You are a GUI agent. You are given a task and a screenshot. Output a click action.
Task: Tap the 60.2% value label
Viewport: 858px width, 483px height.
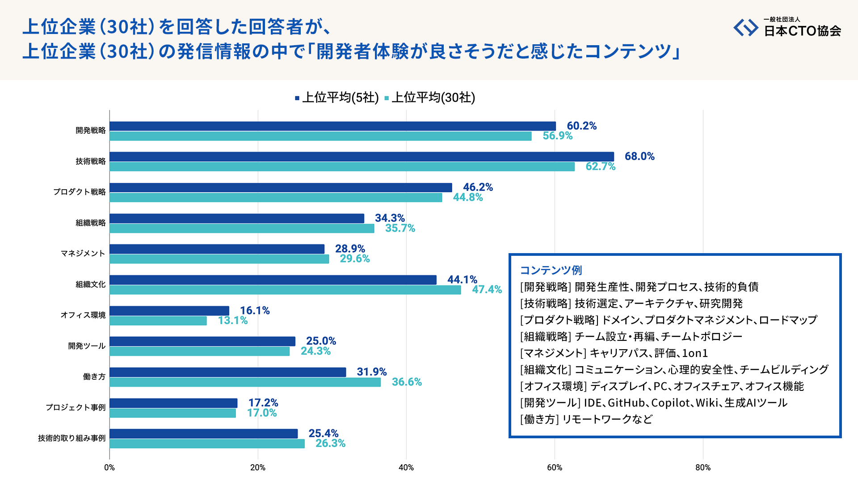click(581, 126)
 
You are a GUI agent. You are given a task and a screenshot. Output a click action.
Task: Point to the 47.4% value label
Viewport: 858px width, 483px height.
click(487, 289)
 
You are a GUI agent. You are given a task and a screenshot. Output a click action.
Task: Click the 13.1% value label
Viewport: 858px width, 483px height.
click(232, 320)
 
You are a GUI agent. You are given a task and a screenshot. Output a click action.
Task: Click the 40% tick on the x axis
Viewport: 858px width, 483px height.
click(406, 467)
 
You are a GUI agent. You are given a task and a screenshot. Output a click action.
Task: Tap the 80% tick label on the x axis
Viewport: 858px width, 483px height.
click(702, 467)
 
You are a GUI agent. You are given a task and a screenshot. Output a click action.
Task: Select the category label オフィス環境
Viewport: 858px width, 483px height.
click(83, 315)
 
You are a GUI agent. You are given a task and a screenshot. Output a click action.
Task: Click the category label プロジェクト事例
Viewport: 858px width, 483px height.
click(76, 407)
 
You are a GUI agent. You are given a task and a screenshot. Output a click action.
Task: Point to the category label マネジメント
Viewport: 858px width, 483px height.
click(83, 253)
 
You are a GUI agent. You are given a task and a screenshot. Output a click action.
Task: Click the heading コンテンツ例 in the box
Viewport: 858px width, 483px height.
click(551, 270)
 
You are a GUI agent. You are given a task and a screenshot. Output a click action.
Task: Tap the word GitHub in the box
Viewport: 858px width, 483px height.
click(627, 402)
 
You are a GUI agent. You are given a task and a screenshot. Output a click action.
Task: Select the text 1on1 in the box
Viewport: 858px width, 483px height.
click(695, 353)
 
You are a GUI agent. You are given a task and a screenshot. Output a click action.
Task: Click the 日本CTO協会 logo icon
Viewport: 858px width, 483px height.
click(745, 28)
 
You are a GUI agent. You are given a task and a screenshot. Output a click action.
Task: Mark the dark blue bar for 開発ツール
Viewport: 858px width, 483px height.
click(202, 341)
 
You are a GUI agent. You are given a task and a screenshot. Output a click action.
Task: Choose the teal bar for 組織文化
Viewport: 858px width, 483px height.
click(285, 290)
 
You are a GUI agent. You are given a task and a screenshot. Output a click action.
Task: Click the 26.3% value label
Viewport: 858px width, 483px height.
click(330, 443)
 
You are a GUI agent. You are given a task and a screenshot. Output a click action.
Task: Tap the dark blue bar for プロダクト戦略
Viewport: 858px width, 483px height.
click(281, 187)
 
